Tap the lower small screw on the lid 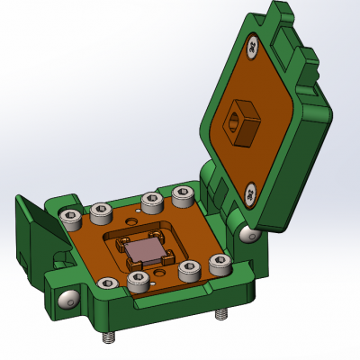(x=250, y=192)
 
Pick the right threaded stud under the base (x=219, y=316)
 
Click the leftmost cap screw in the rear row (x=69, y=217)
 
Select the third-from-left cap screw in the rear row (x=150, y=201)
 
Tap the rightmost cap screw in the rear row (x=184, y=193)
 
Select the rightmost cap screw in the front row (x=220, y=263)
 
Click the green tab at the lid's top (x=282, y=13)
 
